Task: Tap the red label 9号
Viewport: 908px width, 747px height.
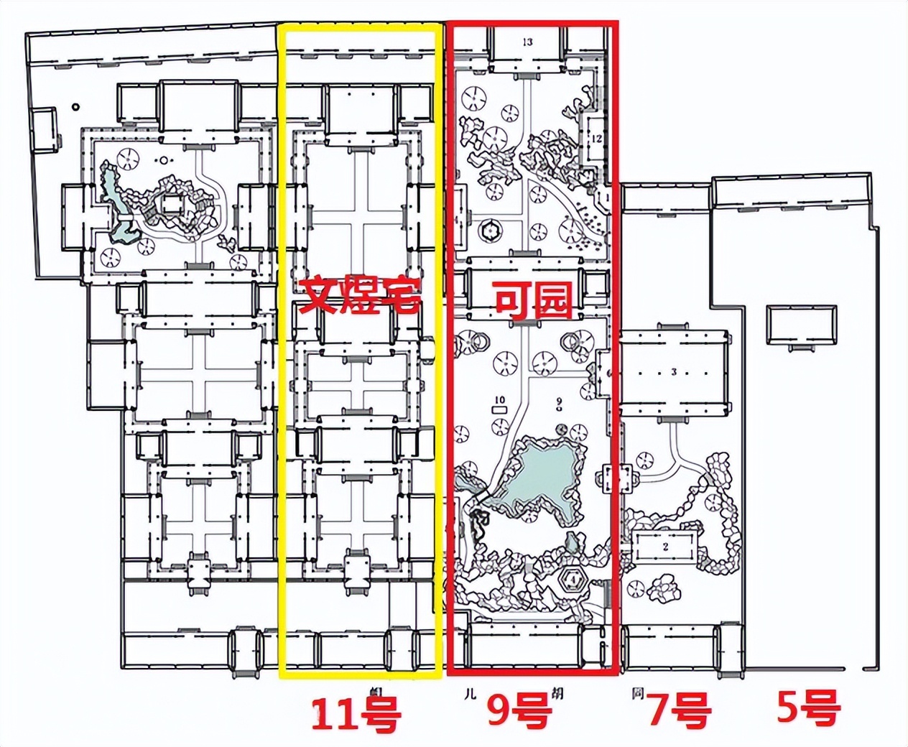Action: point(519,711)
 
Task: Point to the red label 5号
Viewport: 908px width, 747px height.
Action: point(808,708)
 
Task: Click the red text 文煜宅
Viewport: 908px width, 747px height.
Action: point(359,295)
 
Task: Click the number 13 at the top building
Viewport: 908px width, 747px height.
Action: point(528,42)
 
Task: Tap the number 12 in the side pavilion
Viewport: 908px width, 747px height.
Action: point(596,139)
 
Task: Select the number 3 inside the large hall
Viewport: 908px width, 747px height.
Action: point(674,372)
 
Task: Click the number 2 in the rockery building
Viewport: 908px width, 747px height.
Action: point(666,547)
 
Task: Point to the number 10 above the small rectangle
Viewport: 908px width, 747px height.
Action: point(500,400)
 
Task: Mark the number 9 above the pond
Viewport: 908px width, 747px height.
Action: point(558,400)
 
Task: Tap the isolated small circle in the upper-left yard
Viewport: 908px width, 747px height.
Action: point(75,108)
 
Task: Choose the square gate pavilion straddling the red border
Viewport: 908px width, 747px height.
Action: point(617,478)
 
